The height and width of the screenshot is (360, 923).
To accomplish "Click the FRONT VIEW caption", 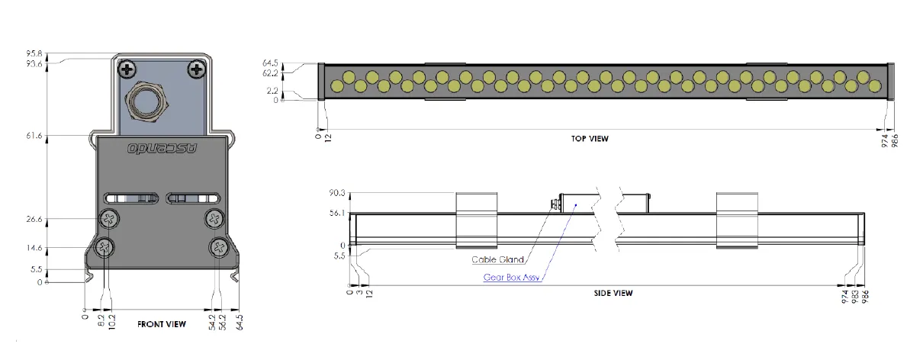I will pyautogui.click(x=162, y=324).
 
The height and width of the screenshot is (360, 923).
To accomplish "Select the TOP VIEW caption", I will pyautogui.click(x=590, y=139).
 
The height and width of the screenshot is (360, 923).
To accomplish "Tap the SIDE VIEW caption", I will pyautogui.click(x=613, y=293).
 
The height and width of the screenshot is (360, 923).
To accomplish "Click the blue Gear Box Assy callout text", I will pyautogui.click(x=512, y=278).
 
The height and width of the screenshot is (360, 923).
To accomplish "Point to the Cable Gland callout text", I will pyautogui.click(x=497, y=259).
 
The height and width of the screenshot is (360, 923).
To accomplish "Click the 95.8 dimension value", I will pyautogui.click(x=55, y=54).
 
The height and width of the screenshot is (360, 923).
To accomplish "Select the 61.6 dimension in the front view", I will pyautogui.click(x=55, y=135).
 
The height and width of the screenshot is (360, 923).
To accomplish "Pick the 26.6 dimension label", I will pyautogui.click(x=55, y=220).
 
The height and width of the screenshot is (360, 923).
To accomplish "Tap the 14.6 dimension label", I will pyautogui.click(x=55, y=248).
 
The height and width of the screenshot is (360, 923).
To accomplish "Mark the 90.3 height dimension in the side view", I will pyautogui.click(x=338, y=193).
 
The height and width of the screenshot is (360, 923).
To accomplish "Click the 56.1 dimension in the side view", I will pyautogui.click(x=338, y=214).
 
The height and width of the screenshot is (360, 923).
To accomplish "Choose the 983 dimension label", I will pyautogui.click(x=855, y=296).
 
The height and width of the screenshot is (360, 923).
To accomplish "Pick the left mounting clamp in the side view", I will pyautogui.click(x=477, y=220).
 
